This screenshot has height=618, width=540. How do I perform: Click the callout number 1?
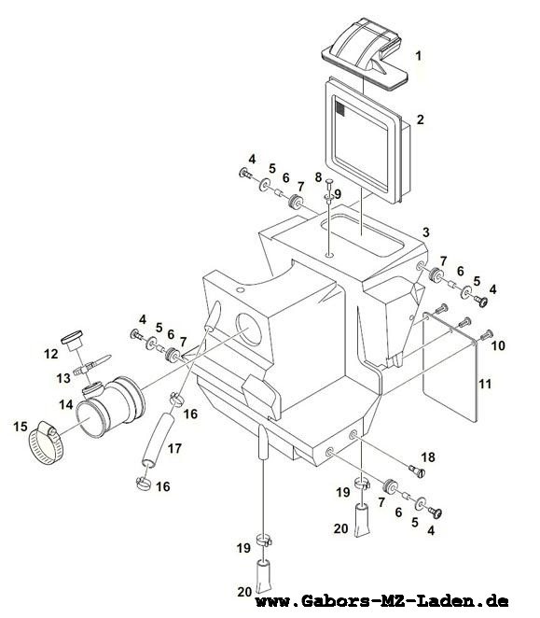point(419,56)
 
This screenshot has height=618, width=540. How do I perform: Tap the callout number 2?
point(421,119)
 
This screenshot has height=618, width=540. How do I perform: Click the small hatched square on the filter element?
point(339,108)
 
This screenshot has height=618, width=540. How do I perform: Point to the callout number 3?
point(426,232)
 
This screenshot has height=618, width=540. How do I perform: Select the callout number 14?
point(66,404)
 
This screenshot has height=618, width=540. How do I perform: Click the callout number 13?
point(63,378)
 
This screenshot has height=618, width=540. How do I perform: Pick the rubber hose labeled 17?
point(159,440)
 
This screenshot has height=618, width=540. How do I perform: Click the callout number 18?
point(428,456)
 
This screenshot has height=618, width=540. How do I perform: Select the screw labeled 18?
point(418,471)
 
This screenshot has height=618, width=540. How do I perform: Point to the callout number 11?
point(485,384)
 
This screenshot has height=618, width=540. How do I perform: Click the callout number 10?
point(498,345)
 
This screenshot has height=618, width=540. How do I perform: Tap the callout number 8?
point(318,177)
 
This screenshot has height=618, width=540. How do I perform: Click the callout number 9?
point(338,194)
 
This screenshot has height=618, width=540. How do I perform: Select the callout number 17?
point(174,448)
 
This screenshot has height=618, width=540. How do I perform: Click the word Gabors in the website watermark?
point(335,601)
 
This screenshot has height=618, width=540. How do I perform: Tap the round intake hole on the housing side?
point(249,330)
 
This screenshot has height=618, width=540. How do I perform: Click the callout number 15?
point(21,427)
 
